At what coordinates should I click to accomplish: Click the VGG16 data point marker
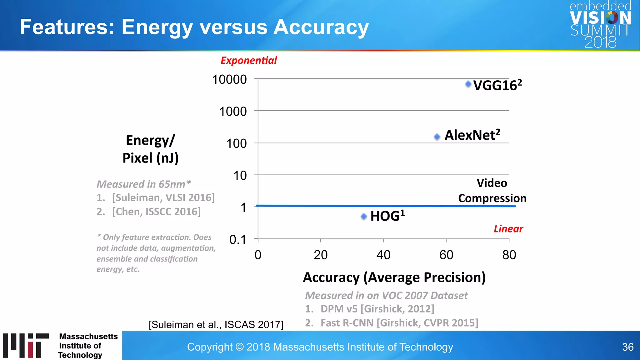(x=468, y=84)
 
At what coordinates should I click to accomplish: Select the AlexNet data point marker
(x=437, y=137)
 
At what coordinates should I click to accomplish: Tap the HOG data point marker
(x=364, y=217)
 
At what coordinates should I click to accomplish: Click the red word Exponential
(x=249, y=60)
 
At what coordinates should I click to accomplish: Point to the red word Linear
(x=508, y=229)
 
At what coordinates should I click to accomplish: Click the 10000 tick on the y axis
(x=230, y=79)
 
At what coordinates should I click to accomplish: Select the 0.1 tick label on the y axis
(x=238, y=240)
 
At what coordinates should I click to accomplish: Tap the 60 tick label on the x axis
(x=446, y=255)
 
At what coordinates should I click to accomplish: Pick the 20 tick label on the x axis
(x=321, y=255)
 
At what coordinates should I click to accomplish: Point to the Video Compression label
(x=492, y=191)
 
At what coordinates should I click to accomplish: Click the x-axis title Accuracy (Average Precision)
(x=394, y=277)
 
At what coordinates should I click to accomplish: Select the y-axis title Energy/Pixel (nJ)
(x=150, y=149)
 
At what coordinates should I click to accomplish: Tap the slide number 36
(x=627, y=347)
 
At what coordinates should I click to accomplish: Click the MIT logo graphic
(x=26, y=345)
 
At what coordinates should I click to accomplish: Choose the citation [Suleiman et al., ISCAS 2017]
(x=216, y=325)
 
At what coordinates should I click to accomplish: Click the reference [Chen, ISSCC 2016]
(x=156, y=212)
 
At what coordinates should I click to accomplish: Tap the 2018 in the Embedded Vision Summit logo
(x=600, y=42)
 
